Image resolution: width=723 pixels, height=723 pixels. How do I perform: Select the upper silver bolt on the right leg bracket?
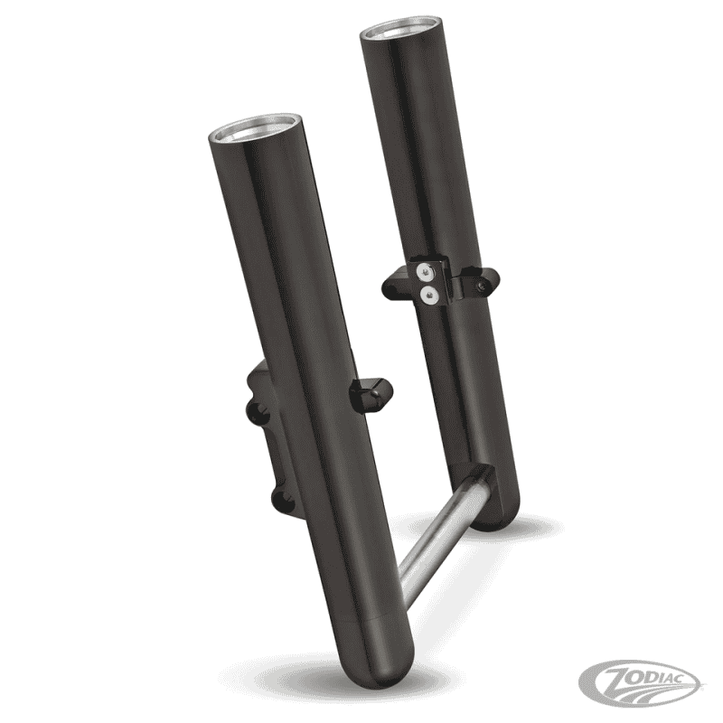click(424, 268)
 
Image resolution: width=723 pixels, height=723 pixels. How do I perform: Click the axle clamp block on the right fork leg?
click(476, 489)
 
